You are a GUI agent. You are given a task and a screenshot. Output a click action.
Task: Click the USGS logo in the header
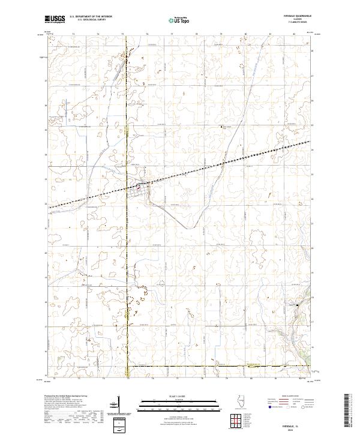pyautogui.click(x=55, y=19)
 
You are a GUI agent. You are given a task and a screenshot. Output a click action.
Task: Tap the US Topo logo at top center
pyautogui.click(x=180, y=20)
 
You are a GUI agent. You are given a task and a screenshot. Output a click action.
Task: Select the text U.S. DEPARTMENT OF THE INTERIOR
pyautogui.click(x=91, y=17)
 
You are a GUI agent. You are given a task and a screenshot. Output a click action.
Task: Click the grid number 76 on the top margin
pyautogui.click(x=147, y=35)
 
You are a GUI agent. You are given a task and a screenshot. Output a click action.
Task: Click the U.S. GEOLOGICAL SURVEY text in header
pyautogui.click(x=91, y=20)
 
